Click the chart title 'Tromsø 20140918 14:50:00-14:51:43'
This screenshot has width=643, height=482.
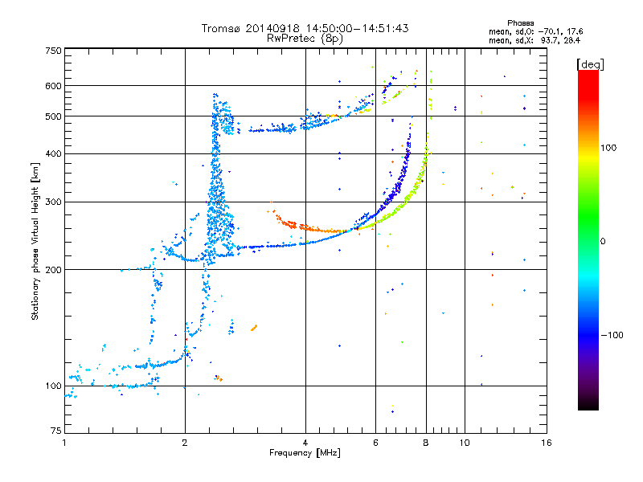tap(305, 28)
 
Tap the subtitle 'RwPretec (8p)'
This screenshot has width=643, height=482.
tap(305, 38)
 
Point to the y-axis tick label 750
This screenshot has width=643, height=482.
tap(53, 50)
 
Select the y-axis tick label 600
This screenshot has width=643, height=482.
tap(53, 86)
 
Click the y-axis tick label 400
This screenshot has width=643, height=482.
tap(53, 153)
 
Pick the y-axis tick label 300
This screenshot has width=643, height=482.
tap(53, 202)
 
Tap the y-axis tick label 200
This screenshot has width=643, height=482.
tap(53, 269)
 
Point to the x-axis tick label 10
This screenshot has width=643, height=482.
tap(464, 443)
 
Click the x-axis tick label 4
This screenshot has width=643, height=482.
tap(305, 443)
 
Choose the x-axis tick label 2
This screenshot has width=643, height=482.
tap(185, 443)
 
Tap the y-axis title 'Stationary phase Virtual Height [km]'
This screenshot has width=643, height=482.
tap(35, 241)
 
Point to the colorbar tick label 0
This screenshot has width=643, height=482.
tap(604, 241)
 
